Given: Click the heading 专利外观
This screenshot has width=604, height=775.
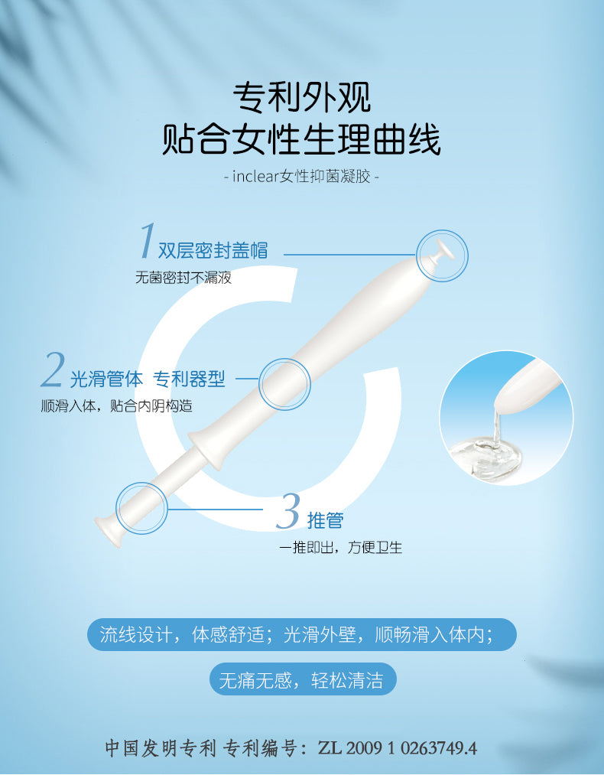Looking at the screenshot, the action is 302,97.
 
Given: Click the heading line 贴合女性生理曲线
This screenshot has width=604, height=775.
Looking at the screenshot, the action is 301,140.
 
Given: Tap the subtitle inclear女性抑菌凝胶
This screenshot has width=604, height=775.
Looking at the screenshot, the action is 301,176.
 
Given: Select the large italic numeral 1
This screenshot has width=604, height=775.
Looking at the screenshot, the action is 148,240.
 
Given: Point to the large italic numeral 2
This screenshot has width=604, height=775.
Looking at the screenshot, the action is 53,370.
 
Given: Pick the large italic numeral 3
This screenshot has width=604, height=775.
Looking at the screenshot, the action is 288,511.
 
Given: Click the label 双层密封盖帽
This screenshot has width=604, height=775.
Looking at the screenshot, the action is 213,250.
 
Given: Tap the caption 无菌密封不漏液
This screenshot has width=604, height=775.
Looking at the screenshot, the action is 183,277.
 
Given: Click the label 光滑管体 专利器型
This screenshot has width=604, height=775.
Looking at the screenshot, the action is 147,379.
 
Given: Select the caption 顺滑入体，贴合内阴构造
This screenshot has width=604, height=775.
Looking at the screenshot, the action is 116,406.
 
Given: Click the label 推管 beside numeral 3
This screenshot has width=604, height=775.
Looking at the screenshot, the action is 325,520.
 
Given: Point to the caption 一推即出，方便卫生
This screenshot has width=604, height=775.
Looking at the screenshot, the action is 340,548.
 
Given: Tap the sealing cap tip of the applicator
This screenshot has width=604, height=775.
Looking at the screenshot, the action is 442,251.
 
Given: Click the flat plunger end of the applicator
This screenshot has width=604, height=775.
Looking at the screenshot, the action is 108,530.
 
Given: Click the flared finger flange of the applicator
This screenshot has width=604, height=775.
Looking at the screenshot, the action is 206,449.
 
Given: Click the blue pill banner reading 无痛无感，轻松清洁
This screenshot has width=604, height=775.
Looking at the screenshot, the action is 303,679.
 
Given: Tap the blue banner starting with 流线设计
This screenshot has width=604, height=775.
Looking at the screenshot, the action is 302,635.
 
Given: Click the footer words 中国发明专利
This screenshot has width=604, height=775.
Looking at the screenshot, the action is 161,748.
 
